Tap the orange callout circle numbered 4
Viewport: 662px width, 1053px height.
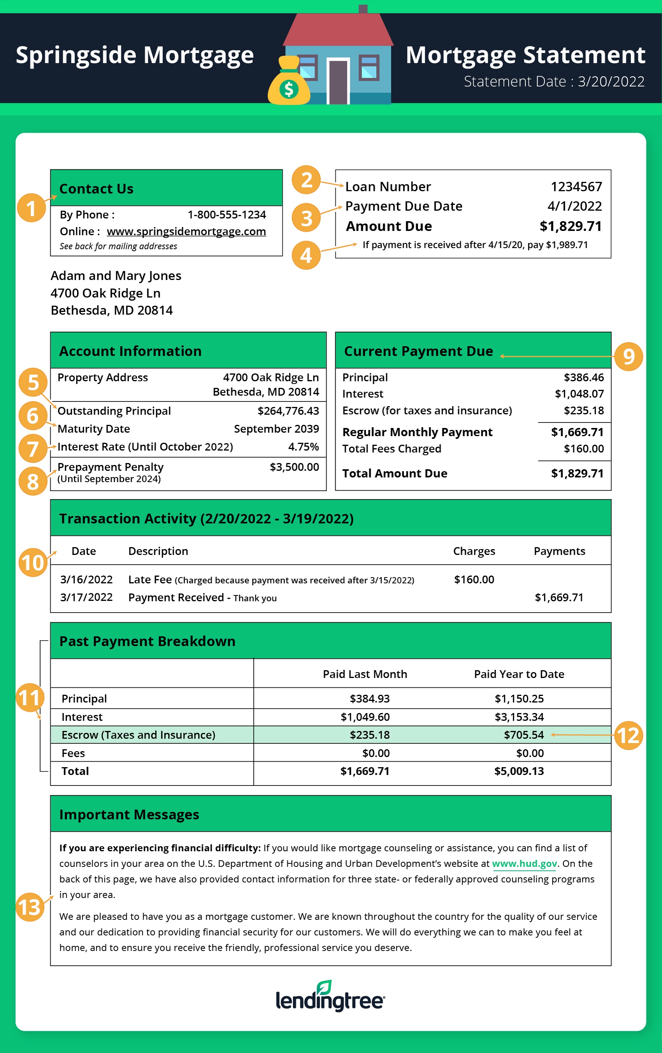(x=306, y=255)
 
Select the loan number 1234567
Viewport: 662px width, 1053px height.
(x=576, y=187)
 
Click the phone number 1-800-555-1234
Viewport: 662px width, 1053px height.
(x=227, y=215)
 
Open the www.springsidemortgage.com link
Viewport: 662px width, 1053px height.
(x=186, y=231)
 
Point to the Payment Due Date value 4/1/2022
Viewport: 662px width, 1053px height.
(x=574, y=206)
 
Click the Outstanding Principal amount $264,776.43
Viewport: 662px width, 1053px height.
(x=288, y=411)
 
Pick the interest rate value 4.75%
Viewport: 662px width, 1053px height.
(x=303, y=447)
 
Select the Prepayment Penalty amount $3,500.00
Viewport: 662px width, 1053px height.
(x=294, y=467)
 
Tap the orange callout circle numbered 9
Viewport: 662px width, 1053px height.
(x=629, y=357)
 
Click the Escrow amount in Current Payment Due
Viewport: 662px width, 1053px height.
(x=583, y=410)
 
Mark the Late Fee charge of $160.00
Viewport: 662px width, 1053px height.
(x=474, y=579)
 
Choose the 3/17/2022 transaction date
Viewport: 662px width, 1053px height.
(x=86, y=597)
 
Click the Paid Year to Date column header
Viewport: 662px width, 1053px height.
(x=519, y=674)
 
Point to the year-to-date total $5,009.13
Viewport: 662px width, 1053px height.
(x=519, y=771)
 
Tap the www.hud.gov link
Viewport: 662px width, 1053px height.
(x=524, y=864)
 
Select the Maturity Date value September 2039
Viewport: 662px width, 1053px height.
(x=276, y=429)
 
